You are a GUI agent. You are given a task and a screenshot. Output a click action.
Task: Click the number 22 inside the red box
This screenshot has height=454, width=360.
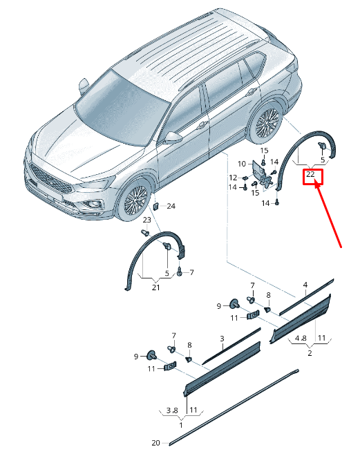(x=310, y=174)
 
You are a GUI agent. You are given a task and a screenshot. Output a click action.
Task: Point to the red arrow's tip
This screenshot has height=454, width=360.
(x=315, y=181)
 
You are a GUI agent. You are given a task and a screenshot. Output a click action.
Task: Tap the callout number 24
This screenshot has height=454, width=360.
(x=171, y=206)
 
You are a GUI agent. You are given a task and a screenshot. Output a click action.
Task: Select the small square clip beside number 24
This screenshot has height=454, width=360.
(x=155, y=207)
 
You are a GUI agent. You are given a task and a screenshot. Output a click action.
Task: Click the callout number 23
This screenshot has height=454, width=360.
(x=147, y=220)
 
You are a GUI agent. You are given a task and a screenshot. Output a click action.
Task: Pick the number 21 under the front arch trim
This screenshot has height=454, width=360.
(x=156, y=287)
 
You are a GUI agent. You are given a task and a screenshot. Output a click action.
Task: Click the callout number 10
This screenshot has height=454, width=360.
(x=242, y=164)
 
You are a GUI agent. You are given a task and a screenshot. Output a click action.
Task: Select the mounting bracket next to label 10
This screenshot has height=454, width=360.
(x=261, y=174)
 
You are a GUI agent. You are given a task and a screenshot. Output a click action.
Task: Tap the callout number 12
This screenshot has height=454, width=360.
(x=233, y=178)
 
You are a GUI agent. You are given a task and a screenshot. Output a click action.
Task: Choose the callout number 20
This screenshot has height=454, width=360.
(x=156, y=443)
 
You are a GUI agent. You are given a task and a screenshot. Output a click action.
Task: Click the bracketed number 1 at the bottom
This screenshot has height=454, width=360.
(x=181, y=426)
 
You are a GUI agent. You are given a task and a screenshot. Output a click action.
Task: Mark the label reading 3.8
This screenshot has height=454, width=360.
(x=172, y=410)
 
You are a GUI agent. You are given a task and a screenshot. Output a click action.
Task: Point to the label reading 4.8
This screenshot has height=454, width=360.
(x=301, y=338)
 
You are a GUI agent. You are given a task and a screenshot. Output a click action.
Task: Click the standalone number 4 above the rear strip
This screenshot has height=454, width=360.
(x=305, y=285)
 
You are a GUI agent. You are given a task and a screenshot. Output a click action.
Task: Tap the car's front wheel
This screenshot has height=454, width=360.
(x=133, y=200)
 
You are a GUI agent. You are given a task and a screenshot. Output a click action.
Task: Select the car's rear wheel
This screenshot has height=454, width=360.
(x=265, y=124)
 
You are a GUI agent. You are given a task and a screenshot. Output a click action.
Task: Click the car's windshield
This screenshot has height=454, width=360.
(x=121, y=107)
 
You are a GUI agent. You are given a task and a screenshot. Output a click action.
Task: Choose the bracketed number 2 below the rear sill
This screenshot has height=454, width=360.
(x=310, y=353)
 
